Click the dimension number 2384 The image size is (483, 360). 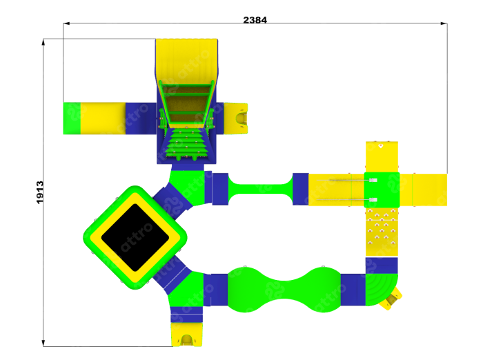[x=255, y=20]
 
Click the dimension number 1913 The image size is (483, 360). [x=40, y=192]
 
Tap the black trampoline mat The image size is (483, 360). [x=135, y=237]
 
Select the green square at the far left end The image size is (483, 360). [x=72, y=118]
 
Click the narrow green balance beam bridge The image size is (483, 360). [x=260, y=189]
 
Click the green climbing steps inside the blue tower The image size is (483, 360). [x=186, y=144]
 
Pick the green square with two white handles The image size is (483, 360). [x=382, y=190]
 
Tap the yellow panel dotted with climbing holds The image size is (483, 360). [x=382, y=232]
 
